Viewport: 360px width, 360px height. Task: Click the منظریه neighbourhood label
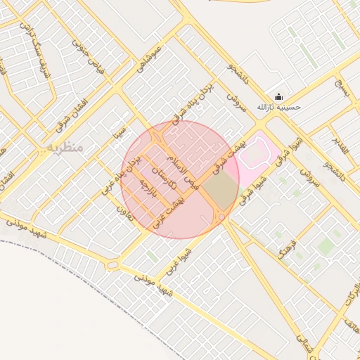66,148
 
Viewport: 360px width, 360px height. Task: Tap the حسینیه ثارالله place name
278,107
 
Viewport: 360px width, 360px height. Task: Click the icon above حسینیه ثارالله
278,97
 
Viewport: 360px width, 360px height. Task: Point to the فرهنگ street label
286,245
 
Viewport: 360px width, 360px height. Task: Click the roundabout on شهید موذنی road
112,266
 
